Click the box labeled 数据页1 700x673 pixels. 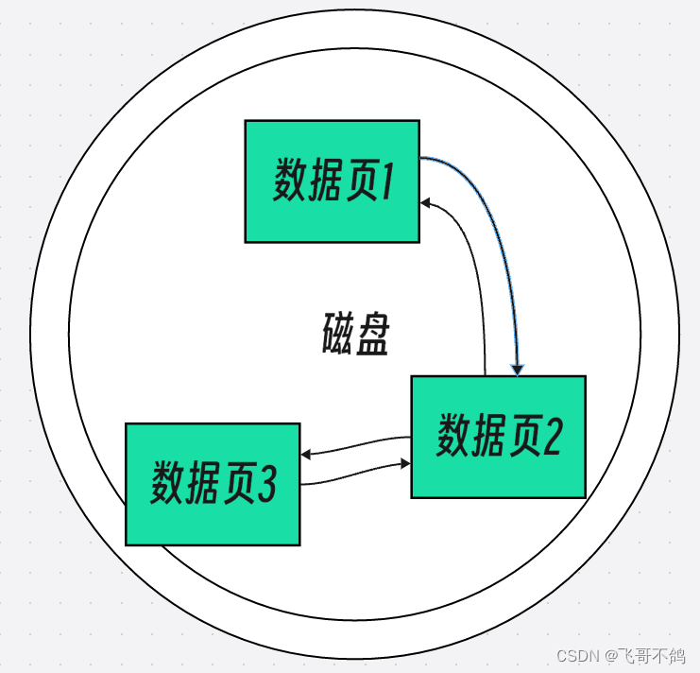pos(332,181)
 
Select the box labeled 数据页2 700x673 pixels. pos(498,436)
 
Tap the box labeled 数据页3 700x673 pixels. pos(213,483)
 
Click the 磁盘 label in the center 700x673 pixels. pos(355,333)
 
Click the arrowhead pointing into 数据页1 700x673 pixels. pos(426,202)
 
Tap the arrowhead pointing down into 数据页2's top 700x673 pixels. pos(517,370)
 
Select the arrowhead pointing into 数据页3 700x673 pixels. pos(306,455)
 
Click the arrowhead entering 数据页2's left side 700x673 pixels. pos(405,464)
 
